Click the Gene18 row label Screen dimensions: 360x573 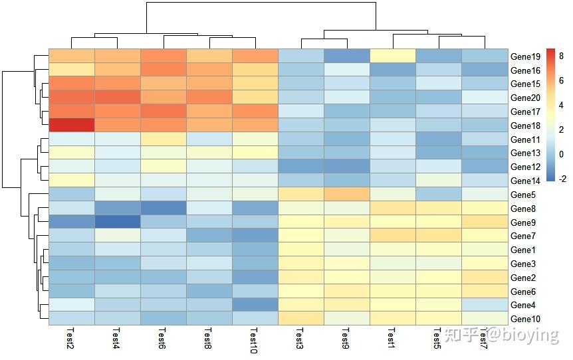525,126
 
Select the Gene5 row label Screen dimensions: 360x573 523,195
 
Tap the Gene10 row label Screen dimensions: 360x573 525,319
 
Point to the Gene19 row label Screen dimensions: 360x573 525,56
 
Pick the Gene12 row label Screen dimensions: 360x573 525,167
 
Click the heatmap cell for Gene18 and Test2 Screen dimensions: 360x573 72,125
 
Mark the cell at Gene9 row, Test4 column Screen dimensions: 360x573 118,222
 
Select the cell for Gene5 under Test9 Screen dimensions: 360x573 346,194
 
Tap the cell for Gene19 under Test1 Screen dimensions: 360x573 392,56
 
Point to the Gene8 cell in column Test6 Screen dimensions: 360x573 164,208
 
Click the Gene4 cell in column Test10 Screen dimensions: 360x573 255,304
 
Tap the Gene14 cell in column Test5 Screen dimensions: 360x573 438,180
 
